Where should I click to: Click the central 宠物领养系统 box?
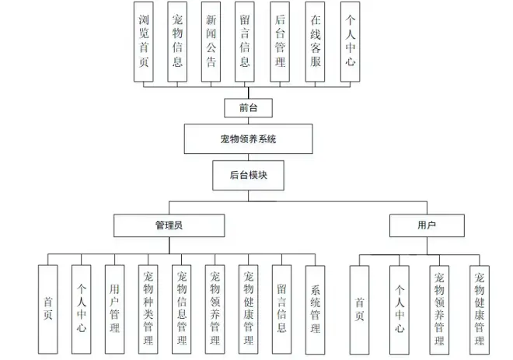[248, 140]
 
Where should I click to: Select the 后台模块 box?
[248, 175]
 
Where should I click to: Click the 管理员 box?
[169, 225]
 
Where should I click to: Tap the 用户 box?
[426, 225]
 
